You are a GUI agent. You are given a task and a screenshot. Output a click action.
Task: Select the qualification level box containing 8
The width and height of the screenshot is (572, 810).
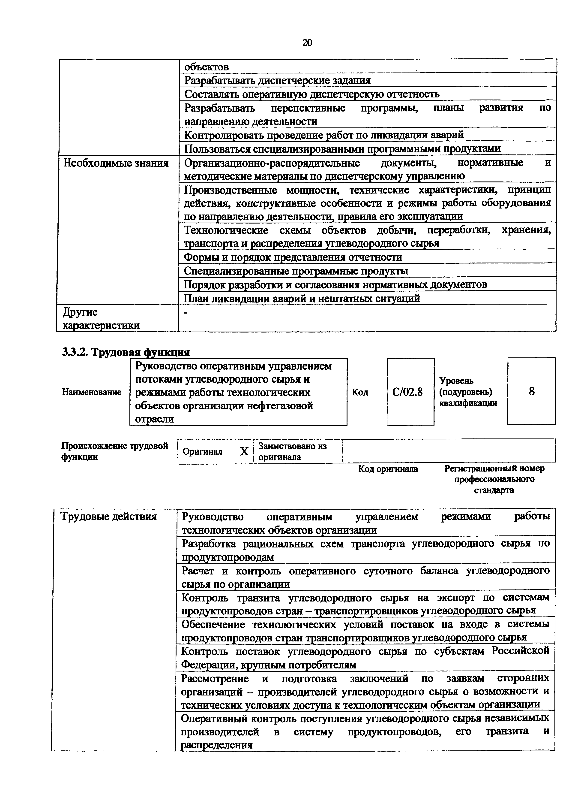pos(531,391)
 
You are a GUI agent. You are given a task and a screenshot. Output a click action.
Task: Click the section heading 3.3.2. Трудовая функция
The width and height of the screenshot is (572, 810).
pos(126,352)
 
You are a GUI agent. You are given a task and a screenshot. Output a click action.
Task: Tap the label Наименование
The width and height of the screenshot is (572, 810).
pos(92,392)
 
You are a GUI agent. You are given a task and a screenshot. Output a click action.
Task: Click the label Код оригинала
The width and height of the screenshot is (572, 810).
pos(388,469)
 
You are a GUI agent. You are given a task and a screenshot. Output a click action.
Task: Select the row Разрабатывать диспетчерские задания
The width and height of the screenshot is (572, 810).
pos(277,80)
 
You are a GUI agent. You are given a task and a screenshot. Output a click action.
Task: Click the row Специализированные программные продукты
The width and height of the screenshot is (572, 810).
pos(296,271)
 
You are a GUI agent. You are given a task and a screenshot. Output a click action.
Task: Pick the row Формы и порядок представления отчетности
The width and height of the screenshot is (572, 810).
pos(293,257)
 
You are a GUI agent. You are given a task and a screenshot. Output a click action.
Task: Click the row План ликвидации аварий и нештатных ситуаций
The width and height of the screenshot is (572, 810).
pos(302,299)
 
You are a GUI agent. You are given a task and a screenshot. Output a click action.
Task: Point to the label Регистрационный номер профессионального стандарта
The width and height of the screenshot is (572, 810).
pos(494,479)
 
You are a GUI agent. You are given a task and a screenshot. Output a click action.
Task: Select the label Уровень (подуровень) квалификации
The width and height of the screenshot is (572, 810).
pos(468,392)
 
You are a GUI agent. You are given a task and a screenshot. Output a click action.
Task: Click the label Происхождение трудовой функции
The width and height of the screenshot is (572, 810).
pos(114,451)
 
